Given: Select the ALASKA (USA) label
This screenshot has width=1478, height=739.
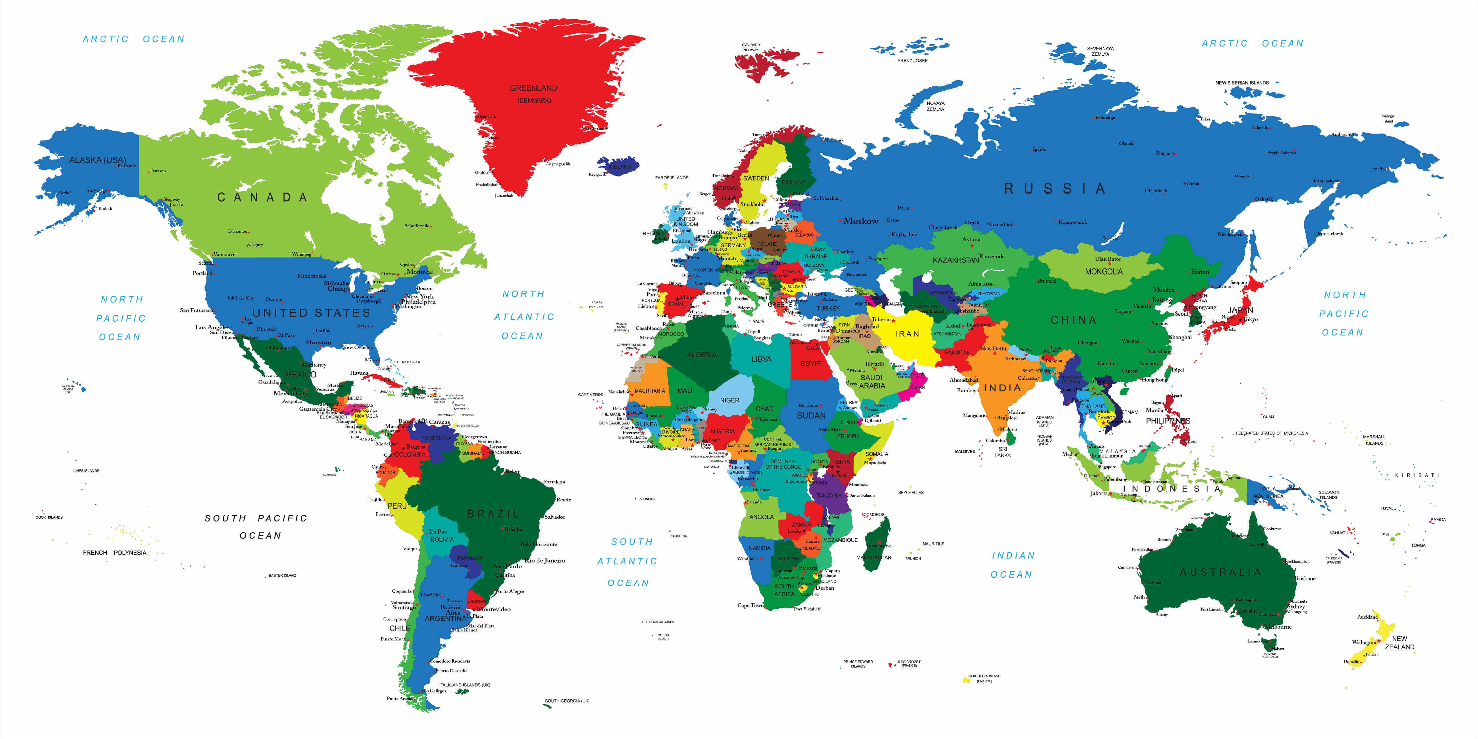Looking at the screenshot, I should (98, 160).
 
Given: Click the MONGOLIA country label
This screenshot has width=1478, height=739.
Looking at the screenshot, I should (1103, 271).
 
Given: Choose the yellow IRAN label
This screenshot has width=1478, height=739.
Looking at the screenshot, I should (907, 334).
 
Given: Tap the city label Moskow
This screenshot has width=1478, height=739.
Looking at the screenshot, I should (861, 221).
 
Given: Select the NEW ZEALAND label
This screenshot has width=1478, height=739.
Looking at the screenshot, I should (1399, 643).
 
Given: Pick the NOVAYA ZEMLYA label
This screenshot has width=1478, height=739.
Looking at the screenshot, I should (935, 106).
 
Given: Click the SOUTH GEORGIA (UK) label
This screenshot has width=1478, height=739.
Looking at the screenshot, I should (567, 701).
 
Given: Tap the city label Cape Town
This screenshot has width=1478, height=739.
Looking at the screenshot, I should (750, 605).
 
